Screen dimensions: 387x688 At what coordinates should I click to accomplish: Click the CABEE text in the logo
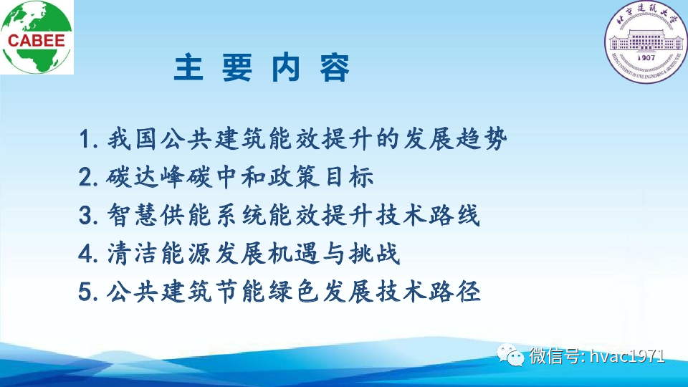pyautogui.click(x=36, y=41)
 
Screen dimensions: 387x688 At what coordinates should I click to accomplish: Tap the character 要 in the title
pyautogui.click(x=237, y=70)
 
